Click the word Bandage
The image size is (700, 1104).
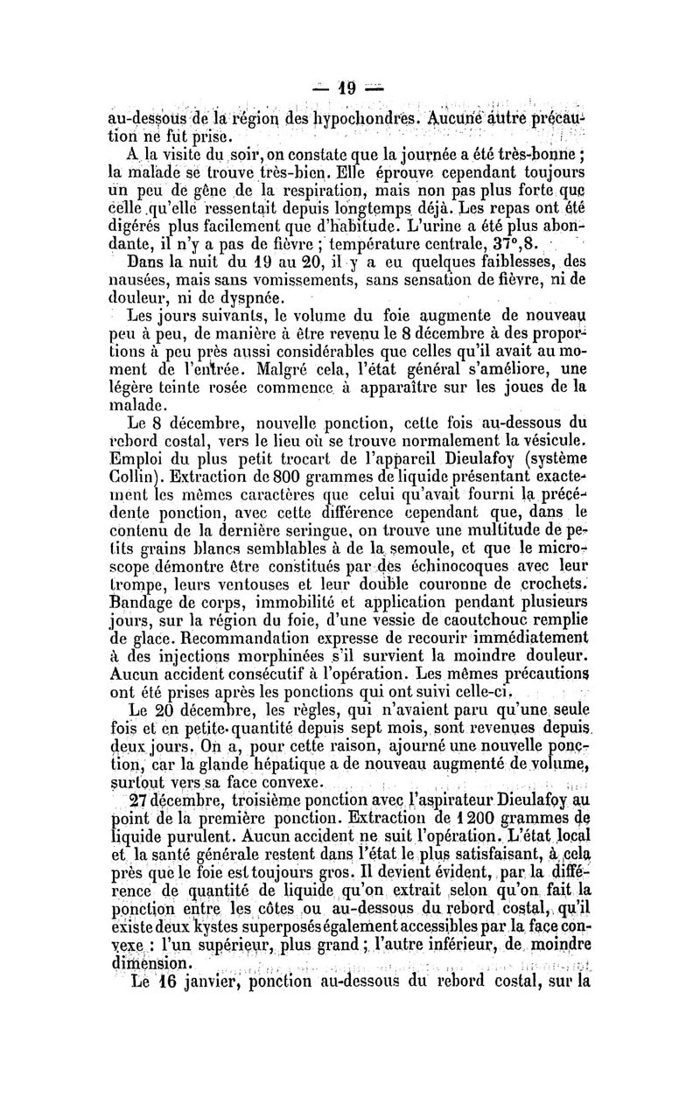pos(140,625)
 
